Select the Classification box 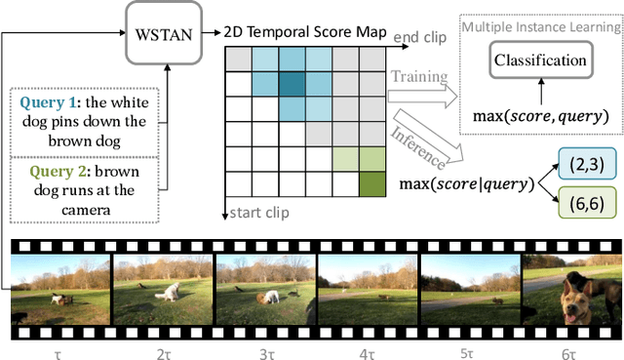[541, 60]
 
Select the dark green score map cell [371, 182]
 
